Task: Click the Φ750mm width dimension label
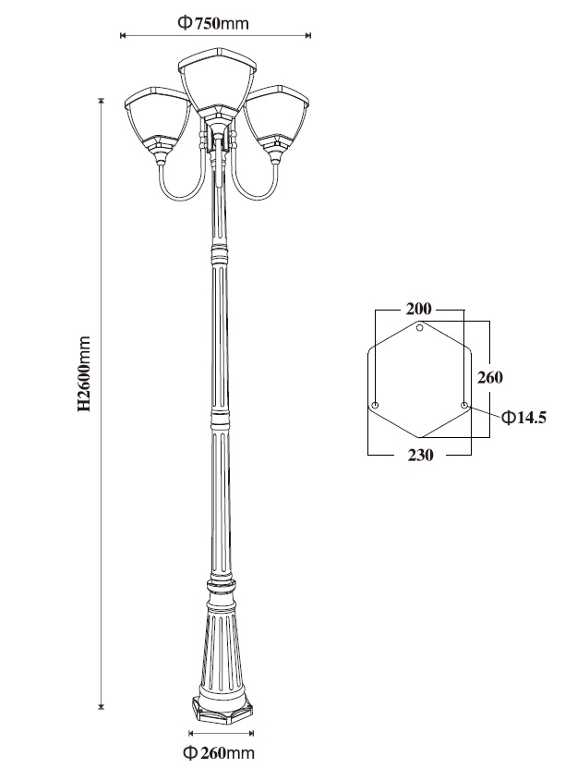[213, 22]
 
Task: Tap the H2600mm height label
[84, 373]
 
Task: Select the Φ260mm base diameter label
[219, 752]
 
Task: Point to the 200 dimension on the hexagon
[418, 309]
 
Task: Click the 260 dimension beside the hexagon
[490, 378]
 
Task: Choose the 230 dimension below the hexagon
[420, 455]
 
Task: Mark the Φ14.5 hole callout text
[523, 418]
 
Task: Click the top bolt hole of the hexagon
[419, 328]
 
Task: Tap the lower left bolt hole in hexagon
[375, 406]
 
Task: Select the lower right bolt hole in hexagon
[464, 405]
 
